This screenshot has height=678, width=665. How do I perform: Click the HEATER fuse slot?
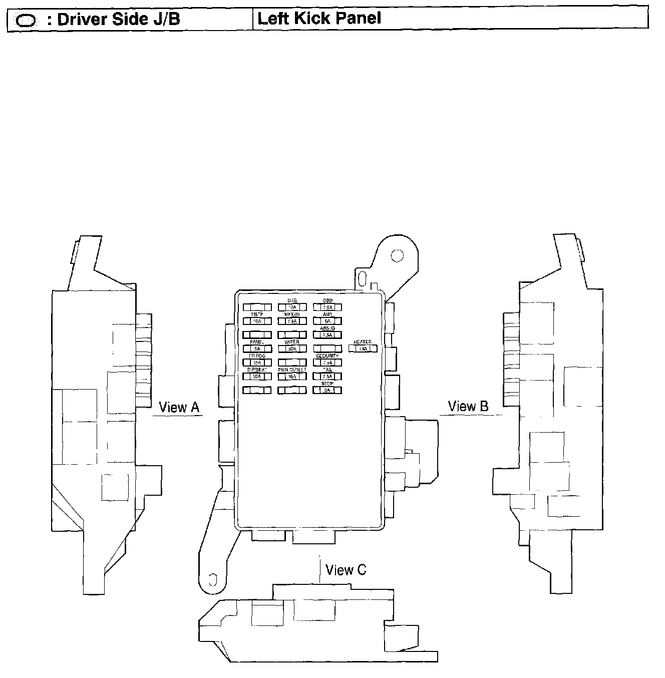(x=363, y=349)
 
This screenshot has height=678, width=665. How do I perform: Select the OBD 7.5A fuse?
(x=327, y=307)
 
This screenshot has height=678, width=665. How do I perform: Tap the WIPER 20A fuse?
(x=292, y=349)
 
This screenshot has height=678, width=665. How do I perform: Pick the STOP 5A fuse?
(x=327, y=390)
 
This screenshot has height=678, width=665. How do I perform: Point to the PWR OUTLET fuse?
(x=292, y=376)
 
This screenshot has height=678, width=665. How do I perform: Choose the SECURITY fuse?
(x=327, y=363)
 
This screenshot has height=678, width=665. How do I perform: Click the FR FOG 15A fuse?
(x=257, y=363)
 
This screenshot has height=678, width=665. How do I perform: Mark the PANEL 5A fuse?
(x=257, y=349)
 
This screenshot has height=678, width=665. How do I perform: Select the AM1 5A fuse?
(x=327, y=321)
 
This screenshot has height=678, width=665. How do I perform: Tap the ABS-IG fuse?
(x=327, y=335)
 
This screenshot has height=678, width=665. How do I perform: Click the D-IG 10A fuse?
(x=292, y=307)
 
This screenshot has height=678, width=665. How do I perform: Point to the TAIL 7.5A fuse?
(x=327, y=376)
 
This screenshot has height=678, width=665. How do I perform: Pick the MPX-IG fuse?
(x=292, y=321)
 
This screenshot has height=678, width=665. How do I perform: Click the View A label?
(x=179, y=407)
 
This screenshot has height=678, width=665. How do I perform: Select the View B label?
(x=468, y=406)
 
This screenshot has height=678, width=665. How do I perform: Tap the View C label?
(x=346, y=570)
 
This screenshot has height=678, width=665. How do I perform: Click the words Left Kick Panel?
(x=319, y=19)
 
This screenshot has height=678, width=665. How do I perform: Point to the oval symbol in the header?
(x=26, y=21)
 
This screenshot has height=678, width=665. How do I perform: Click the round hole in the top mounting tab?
(x=397, y=256)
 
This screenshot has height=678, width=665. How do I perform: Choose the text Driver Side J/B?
(x=119, y=20)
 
